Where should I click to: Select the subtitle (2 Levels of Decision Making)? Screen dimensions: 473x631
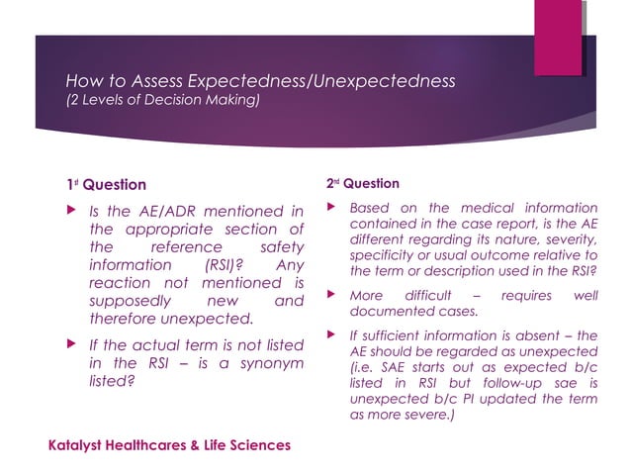pyautogui.click(x=162, y=101)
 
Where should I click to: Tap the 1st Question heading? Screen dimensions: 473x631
pyautogui.click(x=106, y=185)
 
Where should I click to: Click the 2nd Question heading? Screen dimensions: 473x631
pyautogui.click(x=362, y=184)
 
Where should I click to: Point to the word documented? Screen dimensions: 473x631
pyautogui.click(x=388, y=311)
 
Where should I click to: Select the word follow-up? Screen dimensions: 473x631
pyautogui.click(x=500, y=383)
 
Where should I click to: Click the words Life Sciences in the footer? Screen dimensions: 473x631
pyautogui.click(x=247, y=445)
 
